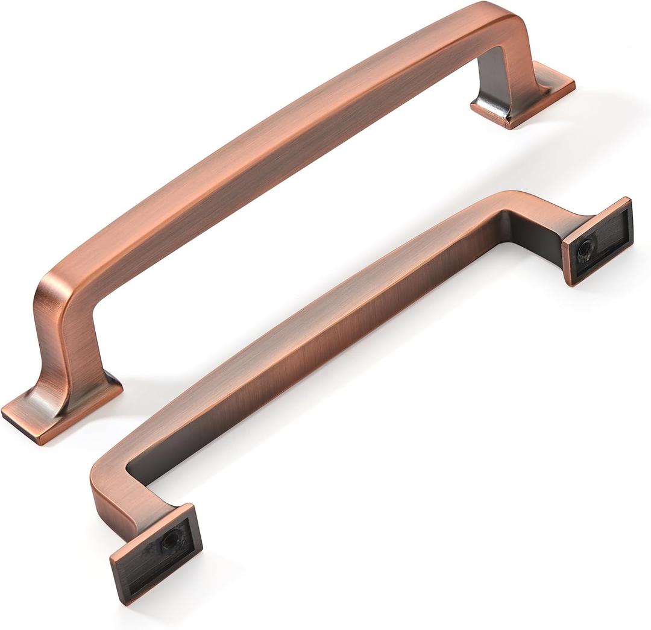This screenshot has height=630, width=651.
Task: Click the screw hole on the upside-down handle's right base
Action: point(585,248)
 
